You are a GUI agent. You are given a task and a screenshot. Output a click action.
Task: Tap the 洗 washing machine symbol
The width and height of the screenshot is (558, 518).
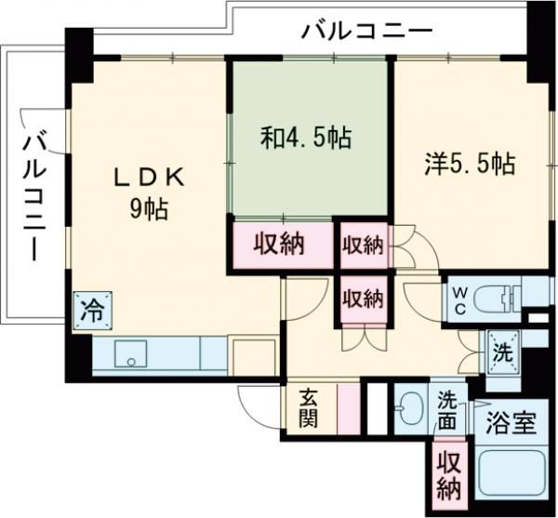coord(501,353)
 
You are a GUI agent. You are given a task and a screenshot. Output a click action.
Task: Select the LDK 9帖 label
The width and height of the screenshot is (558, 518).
coord(149,193)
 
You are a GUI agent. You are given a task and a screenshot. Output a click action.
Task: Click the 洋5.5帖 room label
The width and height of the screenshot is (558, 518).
coord(470,164)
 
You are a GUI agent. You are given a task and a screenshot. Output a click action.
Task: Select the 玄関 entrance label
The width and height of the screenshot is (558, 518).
coord(309,407)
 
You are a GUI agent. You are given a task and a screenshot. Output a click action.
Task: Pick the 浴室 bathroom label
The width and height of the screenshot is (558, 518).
coord(511,424)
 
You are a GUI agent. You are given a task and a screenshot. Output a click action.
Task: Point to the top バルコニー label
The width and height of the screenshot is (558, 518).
coord(366,32)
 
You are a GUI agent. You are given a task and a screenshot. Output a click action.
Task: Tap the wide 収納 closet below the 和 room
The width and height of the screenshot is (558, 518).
coord(282,246)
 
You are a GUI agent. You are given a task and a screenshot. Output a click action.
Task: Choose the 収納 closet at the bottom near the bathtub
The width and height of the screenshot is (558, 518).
coord(450,474)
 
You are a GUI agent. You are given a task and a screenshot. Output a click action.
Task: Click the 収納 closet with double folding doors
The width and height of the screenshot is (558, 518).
coord(363,299)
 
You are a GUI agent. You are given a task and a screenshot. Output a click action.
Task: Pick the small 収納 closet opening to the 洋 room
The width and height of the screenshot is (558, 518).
coord(363,246)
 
